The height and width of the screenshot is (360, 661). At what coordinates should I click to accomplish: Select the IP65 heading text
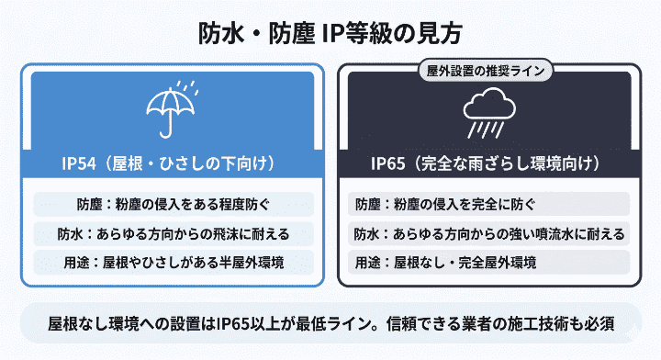pyautogui.click(x=487, y=164)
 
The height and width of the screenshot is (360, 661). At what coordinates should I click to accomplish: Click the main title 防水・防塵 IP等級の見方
pyautogui.click(x=330, y=33)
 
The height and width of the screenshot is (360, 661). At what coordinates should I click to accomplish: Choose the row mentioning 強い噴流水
pyautogui.click(x=487, y=233)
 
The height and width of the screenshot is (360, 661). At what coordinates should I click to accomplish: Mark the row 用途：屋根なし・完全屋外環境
pyautogui.click(x=487, y=263)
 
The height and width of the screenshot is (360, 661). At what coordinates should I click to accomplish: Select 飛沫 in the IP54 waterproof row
pyautogui.click(x=232, y=233)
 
